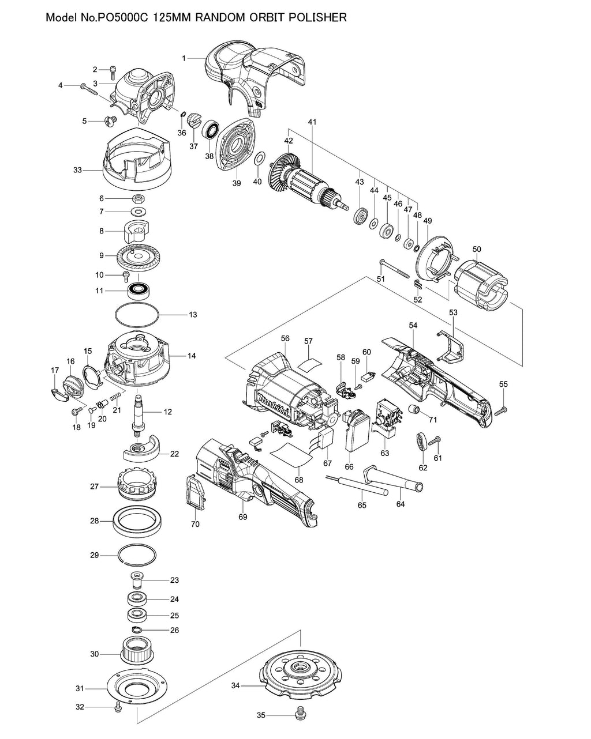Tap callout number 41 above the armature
312,122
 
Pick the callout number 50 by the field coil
476,249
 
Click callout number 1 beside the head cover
184,58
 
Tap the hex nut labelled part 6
138,198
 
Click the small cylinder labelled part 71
413,410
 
